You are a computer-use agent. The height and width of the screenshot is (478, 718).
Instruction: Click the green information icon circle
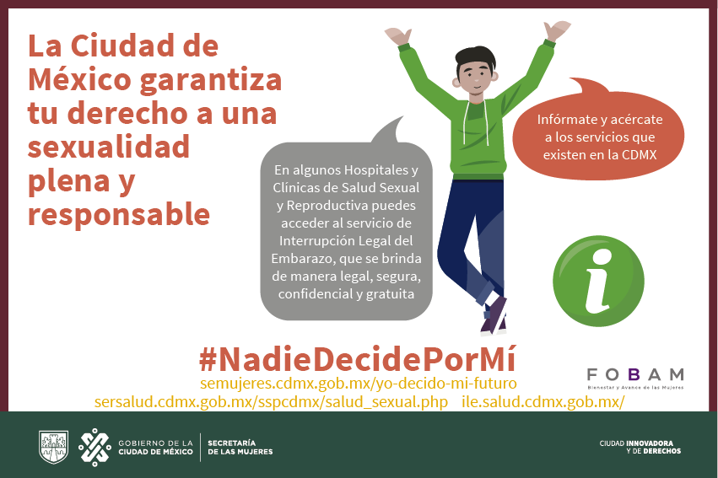point(598,281)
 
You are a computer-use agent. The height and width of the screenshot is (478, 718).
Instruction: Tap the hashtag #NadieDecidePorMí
point(358,359)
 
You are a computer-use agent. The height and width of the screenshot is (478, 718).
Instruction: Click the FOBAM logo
point(635,379)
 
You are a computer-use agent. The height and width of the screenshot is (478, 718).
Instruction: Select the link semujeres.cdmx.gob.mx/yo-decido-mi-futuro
point(359,384)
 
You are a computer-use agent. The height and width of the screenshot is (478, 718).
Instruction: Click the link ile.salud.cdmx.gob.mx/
point(543,401)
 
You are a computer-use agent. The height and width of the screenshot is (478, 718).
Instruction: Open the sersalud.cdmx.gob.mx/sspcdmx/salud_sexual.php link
point(271,402)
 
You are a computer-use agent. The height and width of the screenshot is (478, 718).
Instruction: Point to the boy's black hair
point(476,58)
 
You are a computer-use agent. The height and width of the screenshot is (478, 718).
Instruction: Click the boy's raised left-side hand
point(397,35)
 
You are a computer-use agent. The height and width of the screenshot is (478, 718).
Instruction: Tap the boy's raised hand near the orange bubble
point(557,30)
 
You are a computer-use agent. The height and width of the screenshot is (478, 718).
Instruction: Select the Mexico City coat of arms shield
point(53,447)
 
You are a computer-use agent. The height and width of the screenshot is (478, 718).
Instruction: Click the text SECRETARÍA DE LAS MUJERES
point(240,448)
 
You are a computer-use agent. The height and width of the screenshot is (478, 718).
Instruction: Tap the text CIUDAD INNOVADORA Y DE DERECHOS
point(640,447)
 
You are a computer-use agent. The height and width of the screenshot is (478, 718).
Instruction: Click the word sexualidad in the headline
point(109,147)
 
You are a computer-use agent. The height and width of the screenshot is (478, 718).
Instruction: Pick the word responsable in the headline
point(119,214)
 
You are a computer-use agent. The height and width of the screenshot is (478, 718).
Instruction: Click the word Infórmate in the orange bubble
point(566,120)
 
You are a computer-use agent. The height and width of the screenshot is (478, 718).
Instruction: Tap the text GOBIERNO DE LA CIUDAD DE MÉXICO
point(155,448)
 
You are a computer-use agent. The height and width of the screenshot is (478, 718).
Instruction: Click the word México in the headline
point(79,79)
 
